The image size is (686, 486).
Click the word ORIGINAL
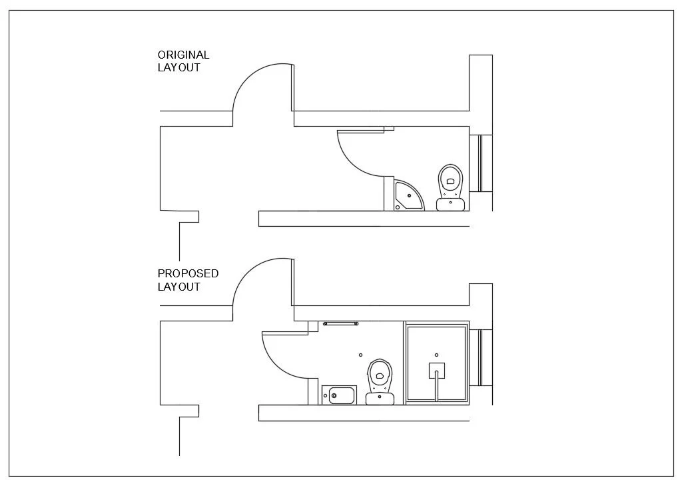pos(183,55)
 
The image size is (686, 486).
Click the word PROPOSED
pos(188,273)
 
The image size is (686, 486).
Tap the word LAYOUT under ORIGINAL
pos(178,67)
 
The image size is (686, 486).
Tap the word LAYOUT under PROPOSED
pos(178,287)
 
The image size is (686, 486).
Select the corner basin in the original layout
pos(408,195)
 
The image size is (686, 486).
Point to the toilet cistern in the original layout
pos(451,204)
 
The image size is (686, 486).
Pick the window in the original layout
pos(480,163)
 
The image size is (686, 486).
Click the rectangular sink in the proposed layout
pos(339,395)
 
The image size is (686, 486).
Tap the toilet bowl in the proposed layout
pos(380,375)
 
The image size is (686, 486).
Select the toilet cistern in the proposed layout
pos(380,399)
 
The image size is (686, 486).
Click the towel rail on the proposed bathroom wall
pos(340,323)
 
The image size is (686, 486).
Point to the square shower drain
pos(436,371)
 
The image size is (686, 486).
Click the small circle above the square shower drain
pos(436,355)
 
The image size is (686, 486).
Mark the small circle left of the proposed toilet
pos(360,355)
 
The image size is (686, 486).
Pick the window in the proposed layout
pos(480,357)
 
